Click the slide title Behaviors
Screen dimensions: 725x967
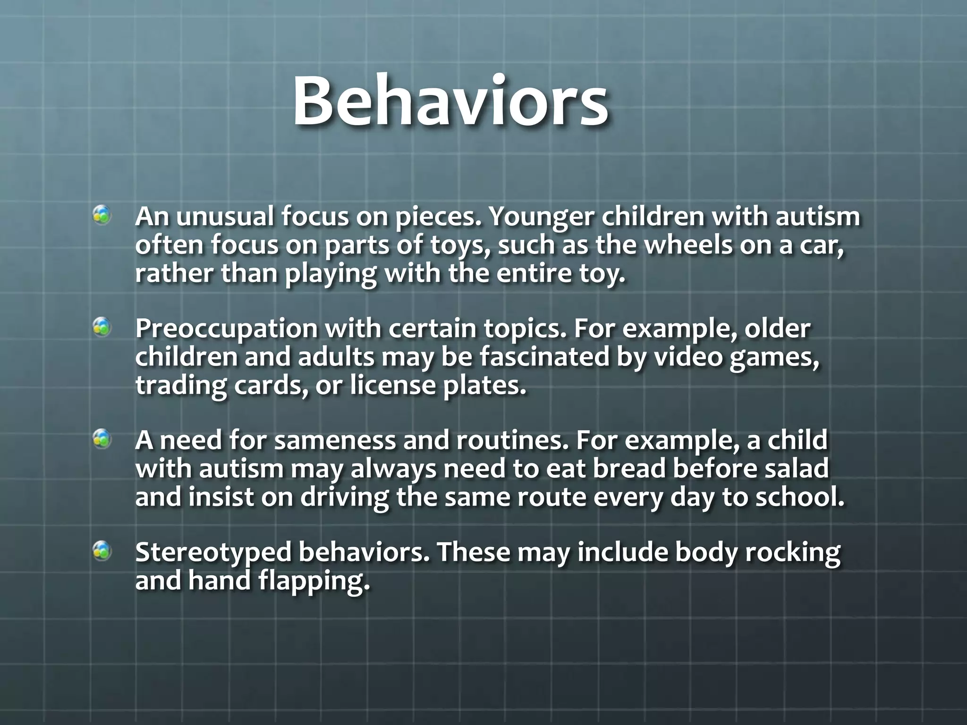[x=450, y=101]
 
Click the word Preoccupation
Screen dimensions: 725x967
[x=226, y=329]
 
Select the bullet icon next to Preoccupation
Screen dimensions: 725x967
[x=102, y=328]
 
